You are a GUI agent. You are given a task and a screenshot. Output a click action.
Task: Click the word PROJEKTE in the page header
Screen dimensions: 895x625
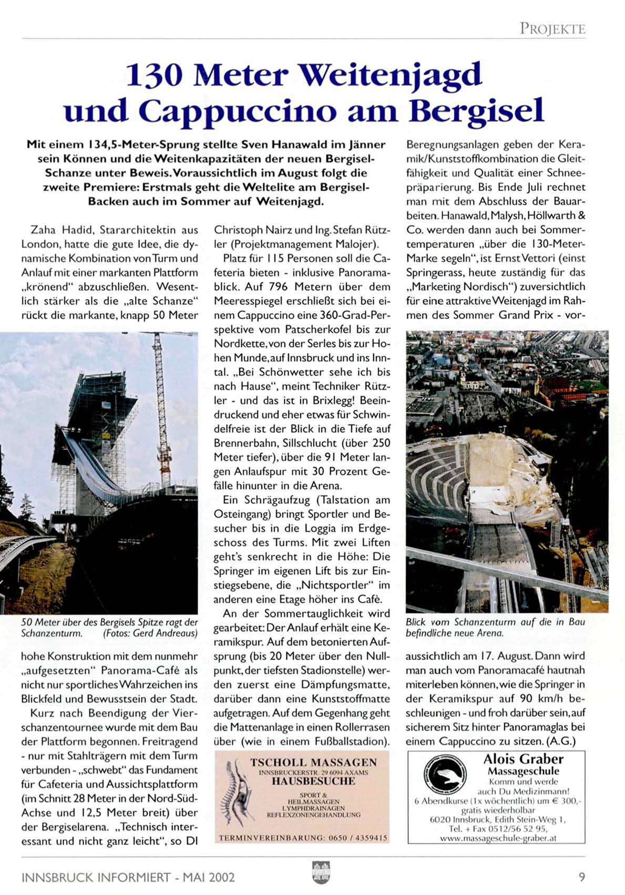click(x=552, y=28)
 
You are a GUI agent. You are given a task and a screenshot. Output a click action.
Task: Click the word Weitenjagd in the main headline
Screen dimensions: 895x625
click(x=390, y=75)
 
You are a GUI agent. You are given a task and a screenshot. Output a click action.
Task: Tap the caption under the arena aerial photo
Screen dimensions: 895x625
click(x=495, y=627)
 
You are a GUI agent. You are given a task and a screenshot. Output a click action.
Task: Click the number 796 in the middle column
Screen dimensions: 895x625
click(x=278, y=287)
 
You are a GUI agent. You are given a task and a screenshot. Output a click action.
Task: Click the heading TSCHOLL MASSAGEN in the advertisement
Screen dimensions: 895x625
click(x=313, y=763)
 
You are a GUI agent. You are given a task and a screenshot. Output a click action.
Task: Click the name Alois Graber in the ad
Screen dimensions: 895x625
click(x=523, y=759)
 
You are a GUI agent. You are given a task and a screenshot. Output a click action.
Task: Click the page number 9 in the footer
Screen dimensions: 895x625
click(x=581, y=877)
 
